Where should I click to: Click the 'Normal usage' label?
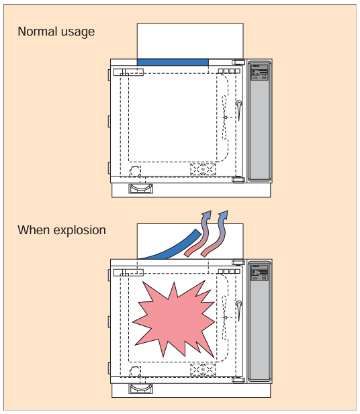point(56,32)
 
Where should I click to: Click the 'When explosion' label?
point(62,230)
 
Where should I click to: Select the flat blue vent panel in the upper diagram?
point(173,62)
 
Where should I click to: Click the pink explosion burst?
point(174,319)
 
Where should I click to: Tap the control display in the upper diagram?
point(259,72)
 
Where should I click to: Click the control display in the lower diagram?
point(259,272)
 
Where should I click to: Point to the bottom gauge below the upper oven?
point(140,189)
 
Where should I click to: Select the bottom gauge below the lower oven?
point(140,389)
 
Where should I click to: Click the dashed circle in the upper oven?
point(135,171)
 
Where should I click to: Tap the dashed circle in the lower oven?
point(135,372)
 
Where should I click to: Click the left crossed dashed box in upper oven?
point(196,169)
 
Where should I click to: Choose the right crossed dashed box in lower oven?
point(210,370)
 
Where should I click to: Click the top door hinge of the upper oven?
point(238,62)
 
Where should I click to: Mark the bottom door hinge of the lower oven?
point(238,380)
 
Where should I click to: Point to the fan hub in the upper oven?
point(225,117)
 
